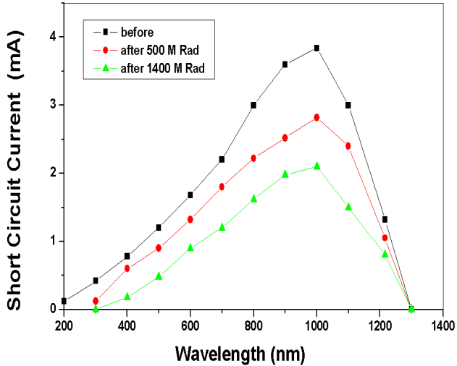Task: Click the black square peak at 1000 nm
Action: [316, 48]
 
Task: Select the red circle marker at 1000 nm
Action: [316, 117]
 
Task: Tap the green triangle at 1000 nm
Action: [316, 166]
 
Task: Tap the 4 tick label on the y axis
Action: [53, 36]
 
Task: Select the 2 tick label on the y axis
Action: [53, 173]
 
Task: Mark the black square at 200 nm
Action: [64, 301]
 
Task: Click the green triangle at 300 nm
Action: [96, 308]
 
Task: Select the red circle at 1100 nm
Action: [348, 146]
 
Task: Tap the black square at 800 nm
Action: [253, 105]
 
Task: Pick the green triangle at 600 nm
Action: [190, 247]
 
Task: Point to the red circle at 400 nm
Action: [127, 268]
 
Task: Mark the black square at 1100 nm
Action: [348, 105]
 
